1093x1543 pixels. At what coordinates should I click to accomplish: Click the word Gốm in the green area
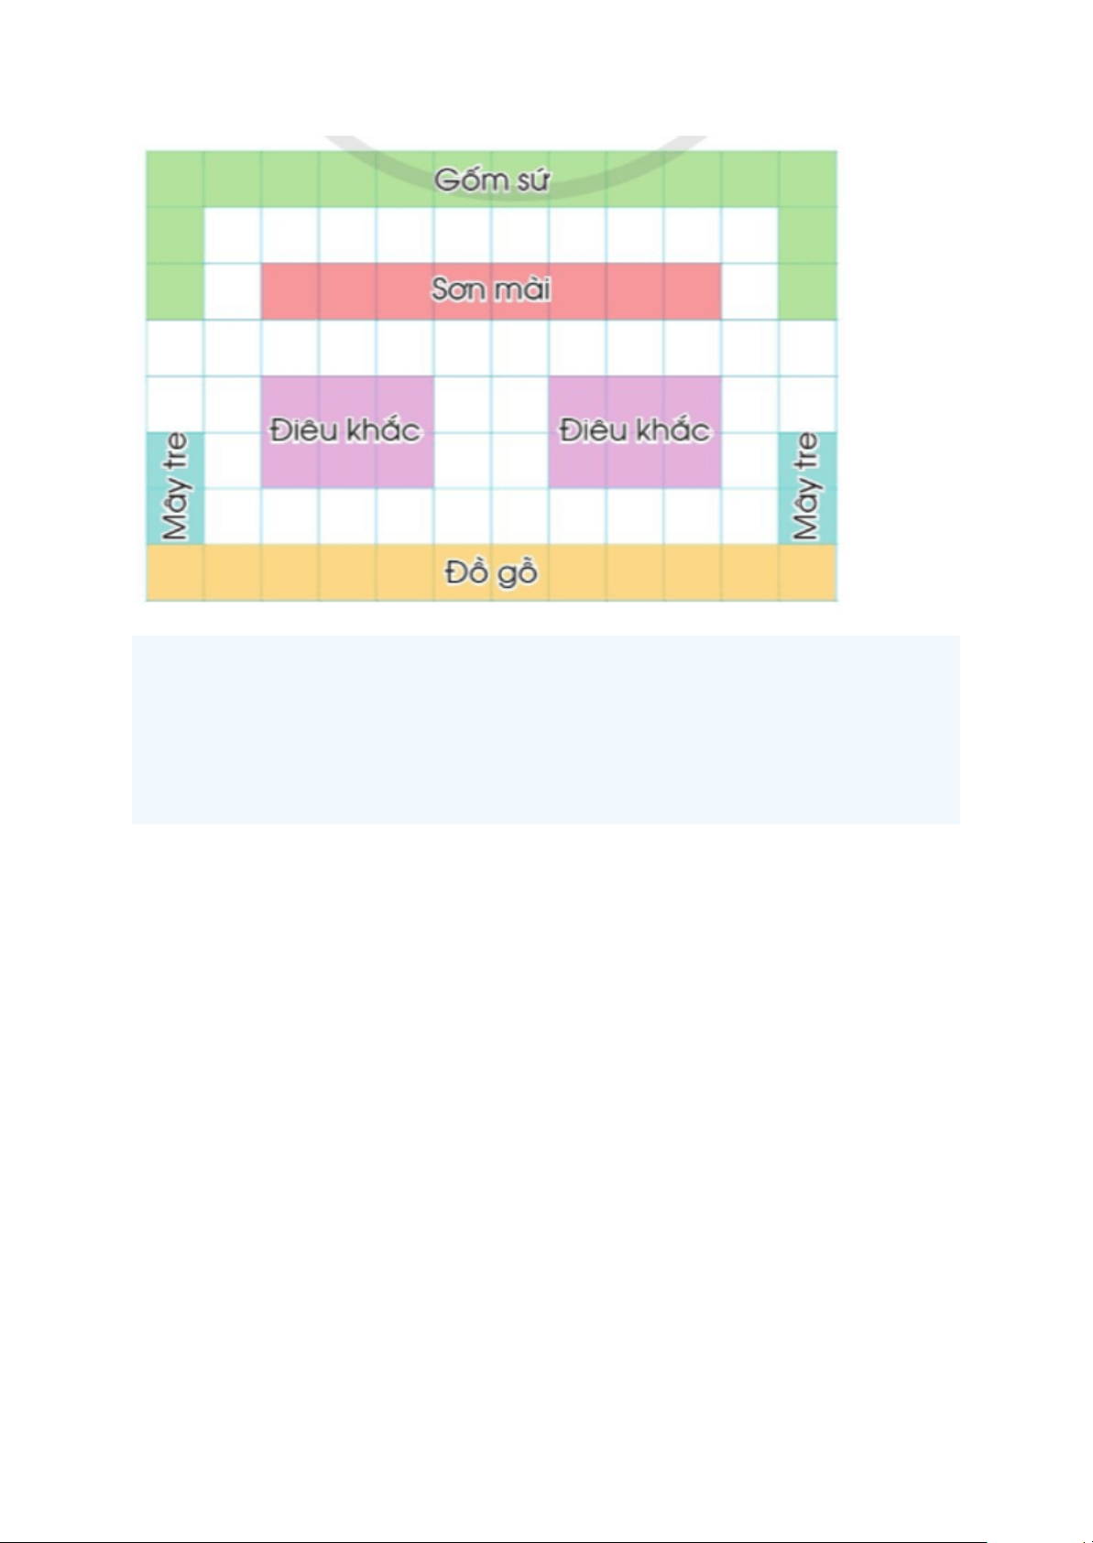(465, 179)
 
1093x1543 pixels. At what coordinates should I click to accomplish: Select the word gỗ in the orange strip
(518, 573)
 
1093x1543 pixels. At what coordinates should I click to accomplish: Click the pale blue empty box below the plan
(546, 730)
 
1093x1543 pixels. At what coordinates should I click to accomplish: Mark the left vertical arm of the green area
(175, 263)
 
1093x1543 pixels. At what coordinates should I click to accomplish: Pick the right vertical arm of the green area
(808, 263)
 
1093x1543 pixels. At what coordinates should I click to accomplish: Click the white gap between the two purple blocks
(491, 432)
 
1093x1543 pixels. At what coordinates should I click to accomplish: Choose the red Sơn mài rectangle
(491, 291)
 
